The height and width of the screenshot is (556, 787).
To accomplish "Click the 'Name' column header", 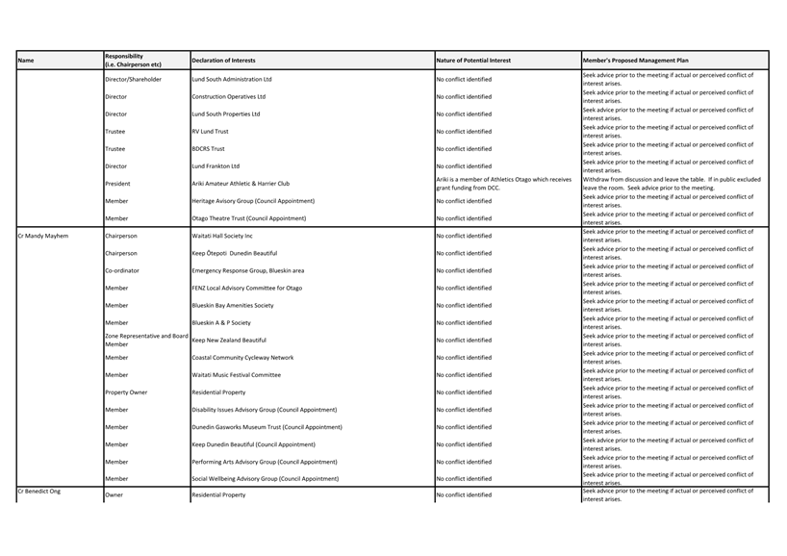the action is (26, 61).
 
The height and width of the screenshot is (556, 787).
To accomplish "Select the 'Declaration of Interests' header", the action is (223, 61).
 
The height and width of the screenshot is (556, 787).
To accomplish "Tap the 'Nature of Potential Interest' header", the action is (473, 61).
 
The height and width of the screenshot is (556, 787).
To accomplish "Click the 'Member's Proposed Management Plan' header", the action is (635, 61).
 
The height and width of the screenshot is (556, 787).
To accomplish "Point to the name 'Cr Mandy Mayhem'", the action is (43, 236).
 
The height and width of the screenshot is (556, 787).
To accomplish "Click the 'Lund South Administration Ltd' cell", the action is (232, 80).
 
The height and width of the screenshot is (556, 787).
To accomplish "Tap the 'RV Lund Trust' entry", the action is (210, 132).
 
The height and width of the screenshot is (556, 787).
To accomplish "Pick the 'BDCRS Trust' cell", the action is (208, 149).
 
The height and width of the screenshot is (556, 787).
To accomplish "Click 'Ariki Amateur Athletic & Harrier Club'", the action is (241, 184).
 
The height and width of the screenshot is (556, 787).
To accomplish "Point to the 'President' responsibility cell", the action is (117, 184).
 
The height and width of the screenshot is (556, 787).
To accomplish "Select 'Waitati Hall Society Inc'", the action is (222, 236).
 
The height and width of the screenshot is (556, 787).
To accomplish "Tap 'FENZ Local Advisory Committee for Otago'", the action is (246, 288).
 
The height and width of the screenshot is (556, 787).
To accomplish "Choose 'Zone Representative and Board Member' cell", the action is (145, 340).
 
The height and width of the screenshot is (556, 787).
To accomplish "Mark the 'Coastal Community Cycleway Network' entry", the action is (242, 358).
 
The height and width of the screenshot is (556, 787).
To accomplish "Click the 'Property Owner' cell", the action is (126, 392).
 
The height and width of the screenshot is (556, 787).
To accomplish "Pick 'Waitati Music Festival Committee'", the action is (236, 375).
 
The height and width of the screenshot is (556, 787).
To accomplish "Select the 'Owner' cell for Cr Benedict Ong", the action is (114, 495).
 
